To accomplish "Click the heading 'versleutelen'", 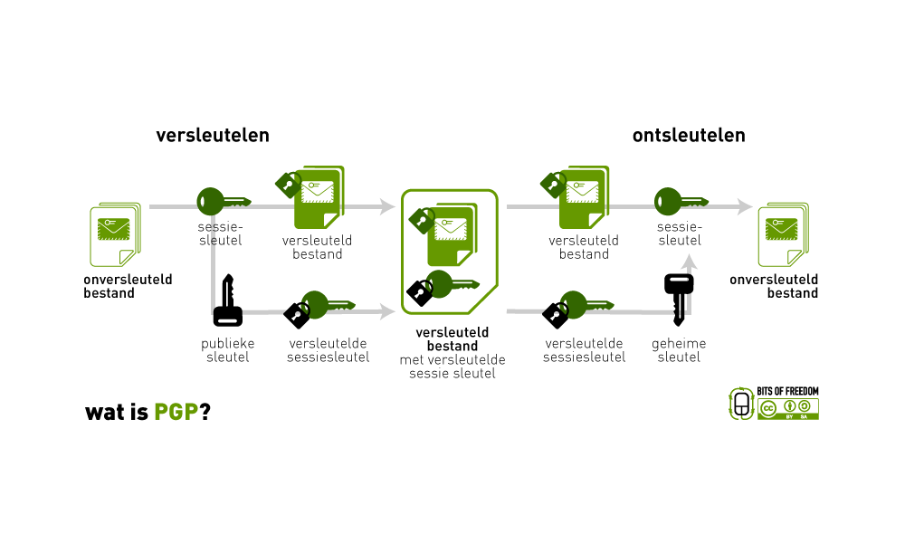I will click(x=213, y=136).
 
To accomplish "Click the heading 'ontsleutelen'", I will click(x=689, y=136).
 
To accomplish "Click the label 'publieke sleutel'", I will click(x=227, y=350).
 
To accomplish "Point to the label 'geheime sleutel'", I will click(x=679, y=350).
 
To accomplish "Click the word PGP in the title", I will click(x=176, y=412).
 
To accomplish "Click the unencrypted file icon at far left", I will click(x=115, y=232).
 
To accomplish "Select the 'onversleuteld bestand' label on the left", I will click(x=128, y=286).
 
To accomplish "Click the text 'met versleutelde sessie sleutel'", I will click(x=452, y=367).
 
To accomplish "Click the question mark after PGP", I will click(x=205, y=412).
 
